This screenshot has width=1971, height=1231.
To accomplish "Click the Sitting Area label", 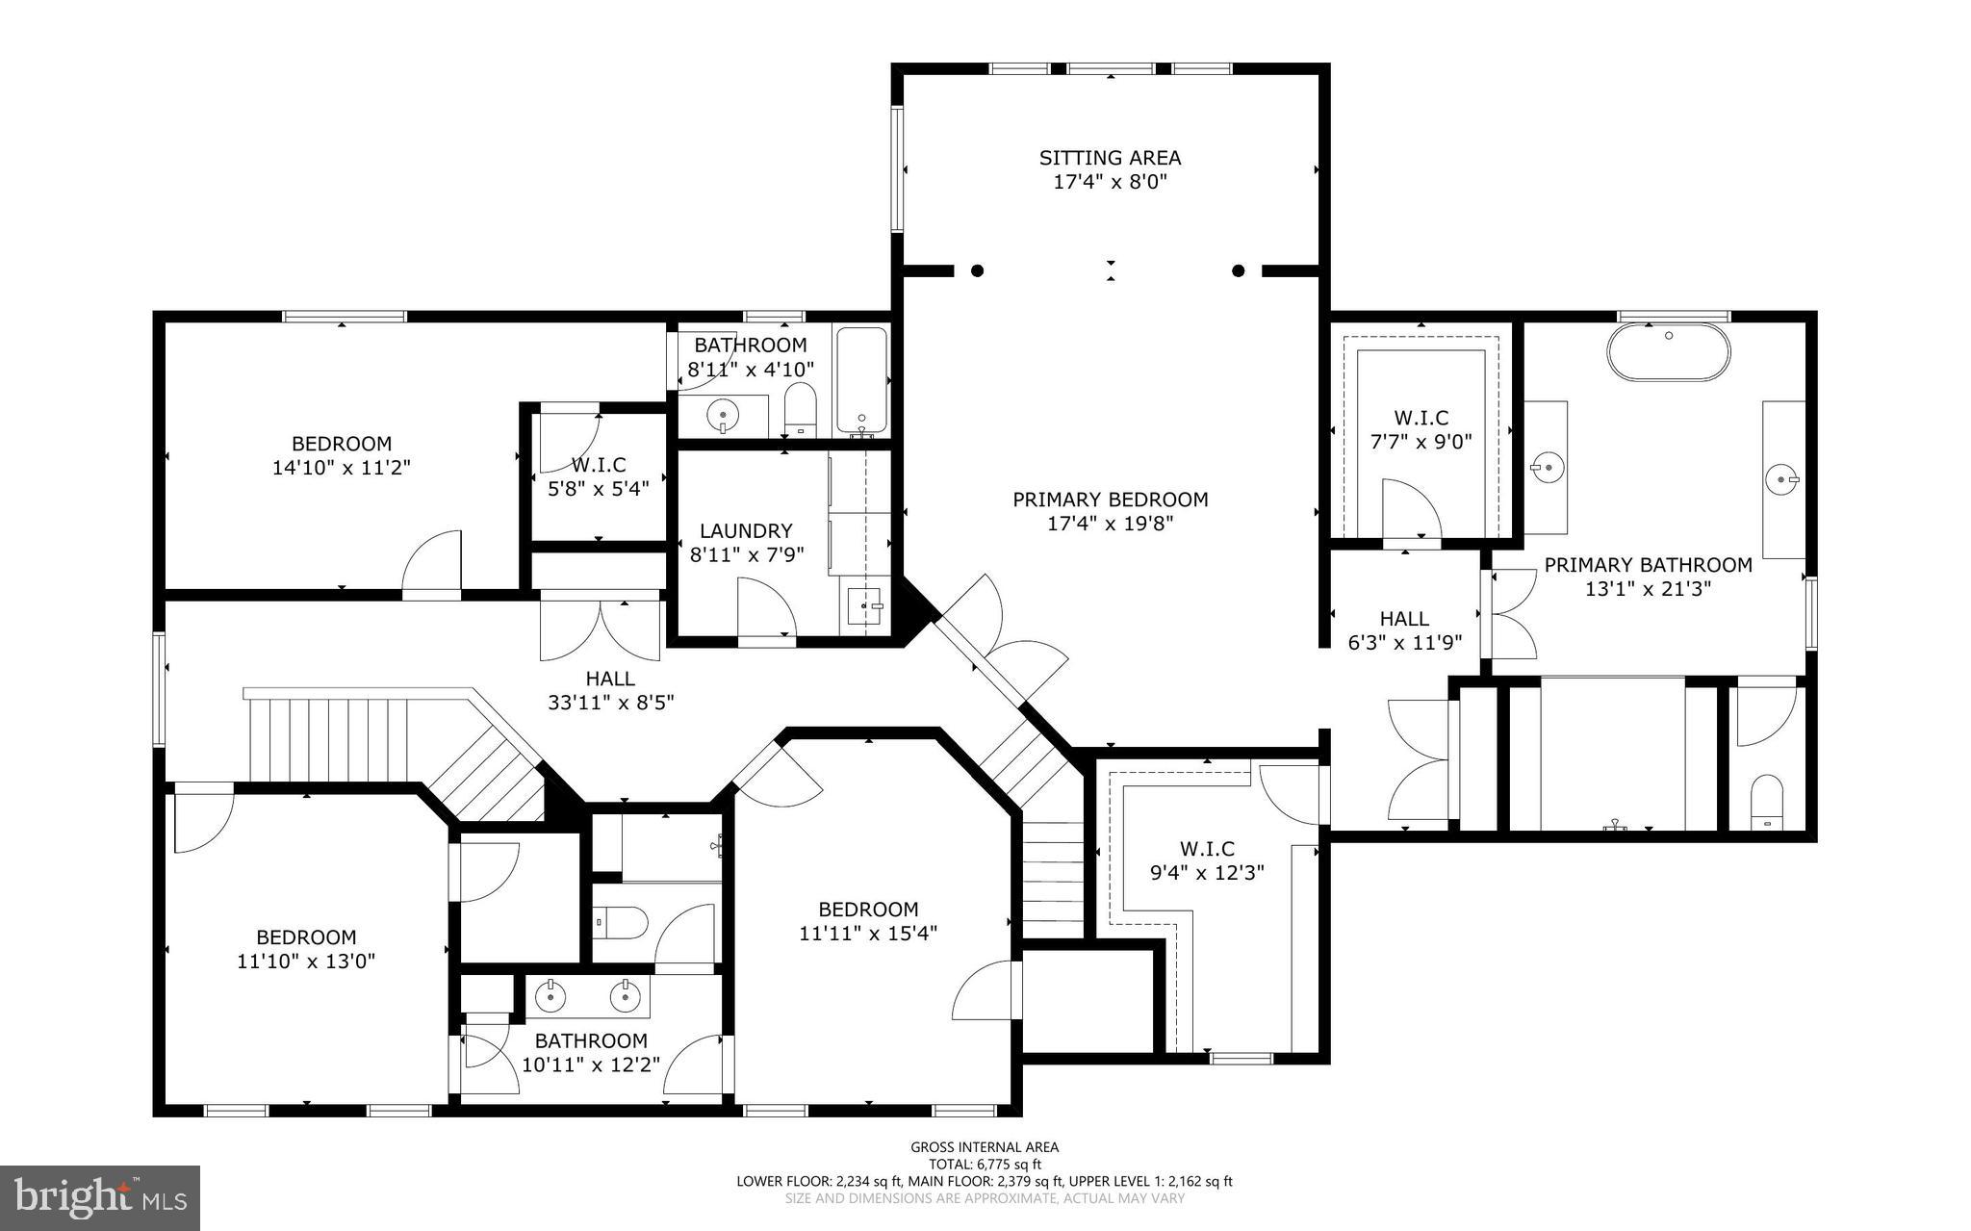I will [1110, 158].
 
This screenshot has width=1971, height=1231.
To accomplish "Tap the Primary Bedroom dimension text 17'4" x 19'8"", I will [1110, 525].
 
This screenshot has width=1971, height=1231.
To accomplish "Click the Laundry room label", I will [746, 530].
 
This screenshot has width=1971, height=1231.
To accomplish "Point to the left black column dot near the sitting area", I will [977, 270].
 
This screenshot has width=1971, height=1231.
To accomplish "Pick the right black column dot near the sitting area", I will [1239, 270].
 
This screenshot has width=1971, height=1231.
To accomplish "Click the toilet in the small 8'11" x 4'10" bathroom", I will [800, 408].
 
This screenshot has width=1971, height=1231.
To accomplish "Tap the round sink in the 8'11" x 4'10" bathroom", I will [722, 415].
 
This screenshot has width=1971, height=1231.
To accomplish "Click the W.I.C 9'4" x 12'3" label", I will [1207, 849].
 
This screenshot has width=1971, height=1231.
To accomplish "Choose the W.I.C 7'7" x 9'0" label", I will [1421, 418].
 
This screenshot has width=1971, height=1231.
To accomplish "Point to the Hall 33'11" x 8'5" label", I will [610, 680].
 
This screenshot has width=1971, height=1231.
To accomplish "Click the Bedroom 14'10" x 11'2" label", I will [342, 444].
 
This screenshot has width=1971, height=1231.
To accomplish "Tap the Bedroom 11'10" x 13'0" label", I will [306, 936].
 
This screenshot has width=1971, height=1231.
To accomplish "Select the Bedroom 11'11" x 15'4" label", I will [868, 910].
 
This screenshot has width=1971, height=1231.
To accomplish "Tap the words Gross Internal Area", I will [985, 1146].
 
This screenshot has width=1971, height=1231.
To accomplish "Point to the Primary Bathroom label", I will [1648, 565].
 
